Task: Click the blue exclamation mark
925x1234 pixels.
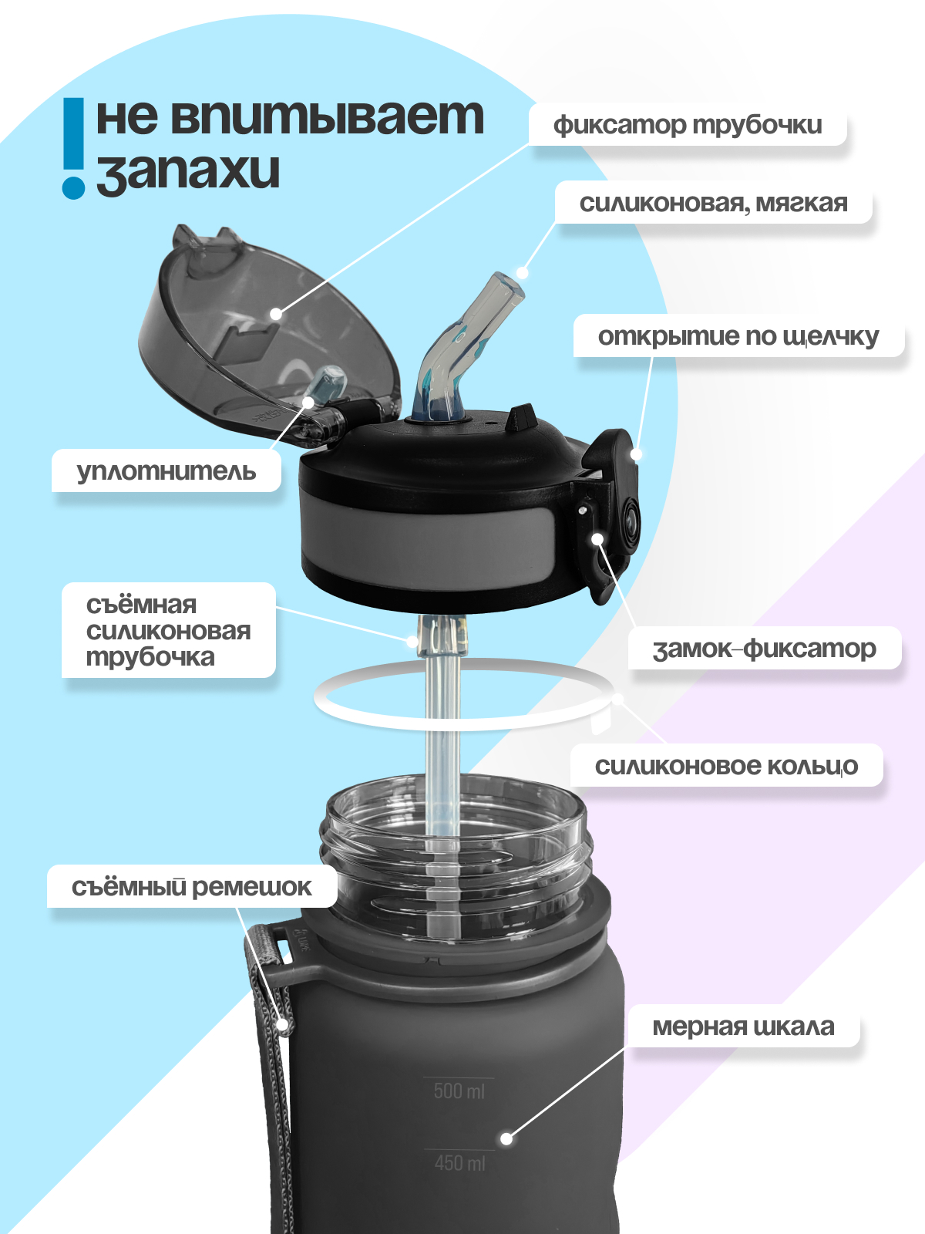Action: coord(73,147)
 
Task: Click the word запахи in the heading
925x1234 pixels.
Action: coord(188,171)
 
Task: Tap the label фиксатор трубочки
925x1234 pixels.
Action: coord(688,125)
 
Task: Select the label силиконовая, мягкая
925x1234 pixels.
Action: coord(713,204)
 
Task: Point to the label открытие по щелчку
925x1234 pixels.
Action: coord(738,337)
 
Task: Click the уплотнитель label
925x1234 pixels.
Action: coord(166,471)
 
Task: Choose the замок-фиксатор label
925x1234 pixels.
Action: coord(764,649)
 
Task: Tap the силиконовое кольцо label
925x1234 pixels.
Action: coord(726,766)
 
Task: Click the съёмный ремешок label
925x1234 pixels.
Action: coord(191,887)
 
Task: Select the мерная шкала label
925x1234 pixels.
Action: coord(743,1027)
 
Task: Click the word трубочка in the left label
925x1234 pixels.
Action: coord(150,658)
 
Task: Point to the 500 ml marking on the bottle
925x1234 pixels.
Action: coord(459,1091)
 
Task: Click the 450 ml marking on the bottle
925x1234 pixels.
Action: coord(459,1162)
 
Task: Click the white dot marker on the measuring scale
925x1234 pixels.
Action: coord(506,1138)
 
